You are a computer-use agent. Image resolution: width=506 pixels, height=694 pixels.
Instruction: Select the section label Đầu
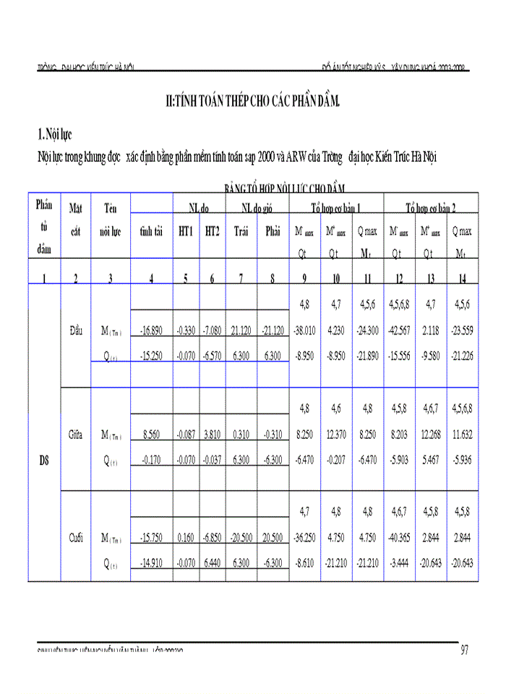[75, 330]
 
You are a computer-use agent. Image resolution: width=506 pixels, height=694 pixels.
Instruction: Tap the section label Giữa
[75, 435]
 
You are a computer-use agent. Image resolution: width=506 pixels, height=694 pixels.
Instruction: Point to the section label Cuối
[75, 537]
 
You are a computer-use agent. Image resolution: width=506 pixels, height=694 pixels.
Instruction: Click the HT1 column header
[185, 231]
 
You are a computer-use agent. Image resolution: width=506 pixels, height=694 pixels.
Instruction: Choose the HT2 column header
[212, 231]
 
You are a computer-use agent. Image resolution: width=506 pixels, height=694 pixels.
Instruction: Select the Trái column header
[240, 231]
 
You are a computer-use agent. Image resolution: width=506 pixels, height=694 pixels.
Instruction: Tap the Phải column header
[273, 231]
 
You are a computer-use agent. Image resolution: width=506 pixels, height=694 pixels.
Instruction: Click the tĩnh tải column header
[150, 231]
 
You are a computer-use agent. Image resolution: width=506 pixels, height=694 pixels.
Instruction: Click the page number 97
[464, 651]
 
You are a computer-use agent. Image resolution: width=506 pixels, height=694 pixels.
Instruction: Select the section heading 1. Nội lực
[54, 134]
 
